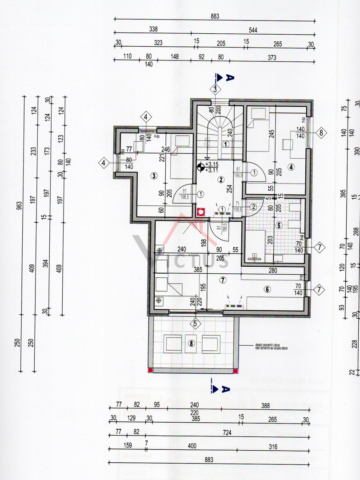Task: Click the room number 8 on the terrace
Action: click(192, 343)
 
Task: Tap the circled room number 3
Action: click(154, 176)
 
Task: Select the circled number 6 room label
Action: click(267, 289)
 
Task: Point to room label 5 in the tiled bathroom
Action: click(279, 225)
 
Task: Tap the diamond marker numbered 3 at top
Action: click(216, 89)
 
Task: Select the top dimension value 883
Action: click(215, 16)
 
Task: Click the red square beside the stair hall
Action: click(200, 212)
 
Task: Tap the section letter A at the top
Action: click(229, 77)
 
